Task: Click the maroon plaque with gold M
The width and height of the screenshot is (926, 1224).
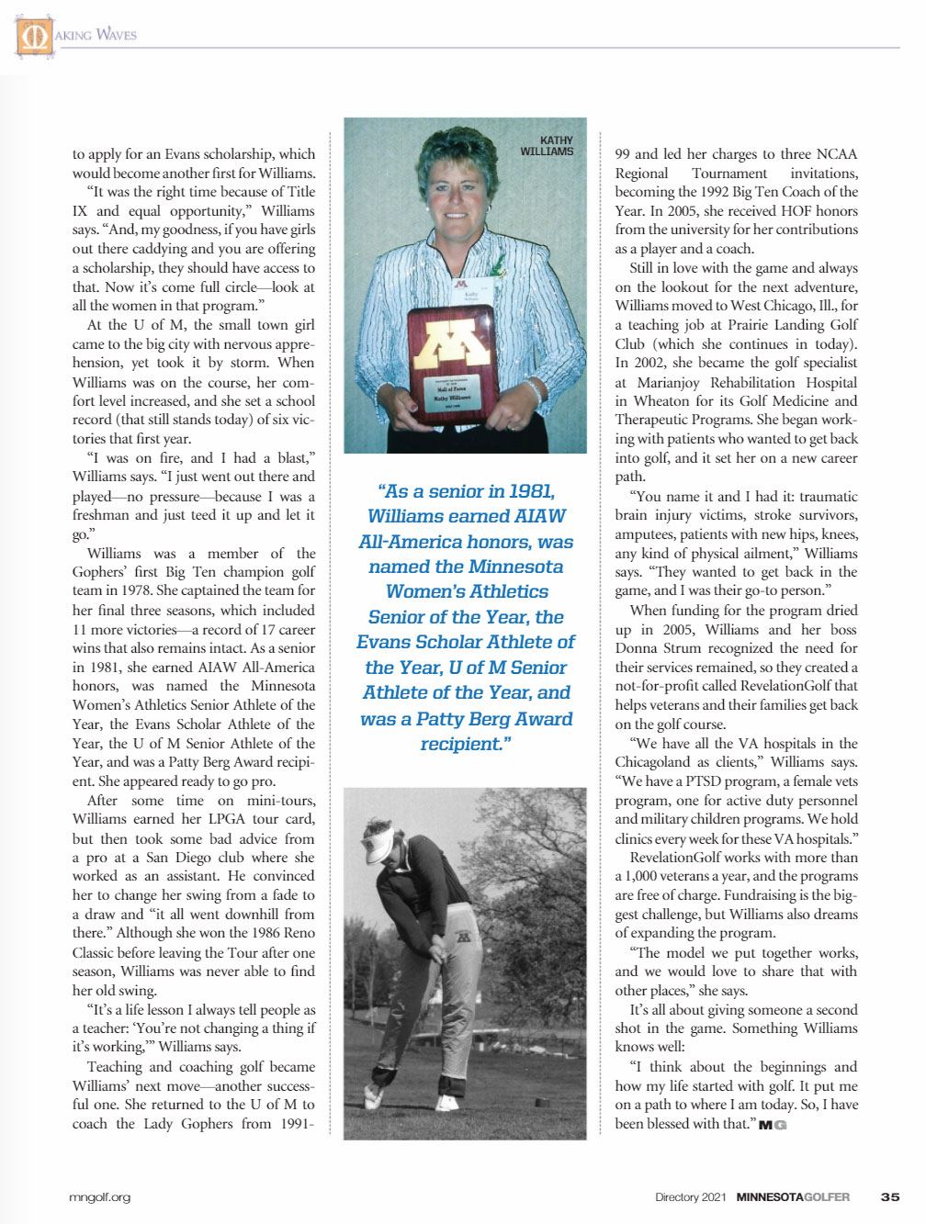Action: click(x=450, y=364)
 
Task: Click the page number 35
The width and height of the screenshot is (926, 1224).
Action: click(x=889, y=1196)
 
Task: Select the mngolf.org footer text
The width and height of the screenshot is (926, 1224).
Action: click(x=100, y=1196)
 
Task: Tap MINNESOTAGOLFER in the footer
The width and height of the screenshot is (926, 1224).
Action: click(x=793, y=1196)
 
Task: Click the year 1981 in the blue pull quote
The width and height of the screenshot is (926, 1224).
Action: click(x=531, y=492)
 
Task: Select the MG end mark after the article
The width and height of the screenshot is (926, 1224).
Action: click(x=773, y=1125)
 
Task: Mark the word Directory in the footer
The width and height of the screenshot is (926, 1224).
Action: click(x=677, y=1196)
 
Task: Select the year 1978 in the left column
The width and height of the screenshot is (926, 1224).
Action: click(x=138, y=591)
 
